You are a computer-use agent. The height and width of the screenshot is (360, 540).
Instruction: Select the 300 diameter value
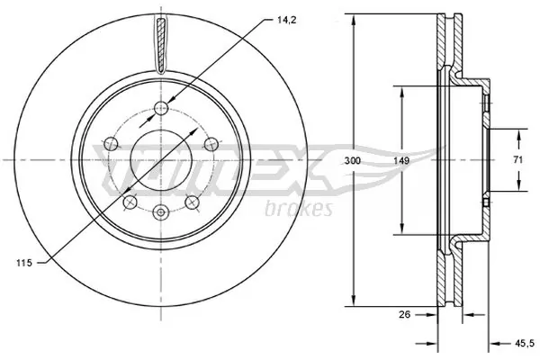[352, 160]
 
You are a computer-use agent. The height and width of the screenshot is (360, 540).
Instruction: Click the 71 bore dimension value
[519, 160]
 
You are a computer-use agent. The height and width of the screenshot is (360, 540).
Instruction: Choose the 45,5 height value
[519, 341]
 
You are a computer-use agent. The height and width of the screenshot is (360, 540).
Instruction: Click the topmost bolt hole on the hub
[161, 109]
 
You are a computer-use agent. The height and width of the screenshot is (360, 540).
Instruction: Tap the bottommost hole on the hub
[161, 212]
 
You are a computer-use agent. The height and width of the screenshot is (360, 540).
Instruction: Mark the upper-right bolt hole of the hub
[209, 142]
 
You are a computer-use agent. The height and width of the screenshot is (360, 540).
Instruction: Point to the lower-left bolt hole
[130, 201]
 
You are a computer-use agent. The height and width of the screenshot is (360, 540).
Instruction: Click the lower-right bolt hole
[193, 201]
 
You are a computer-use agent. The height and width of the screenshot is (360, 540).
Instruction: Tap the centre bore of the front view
[161, 160]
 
